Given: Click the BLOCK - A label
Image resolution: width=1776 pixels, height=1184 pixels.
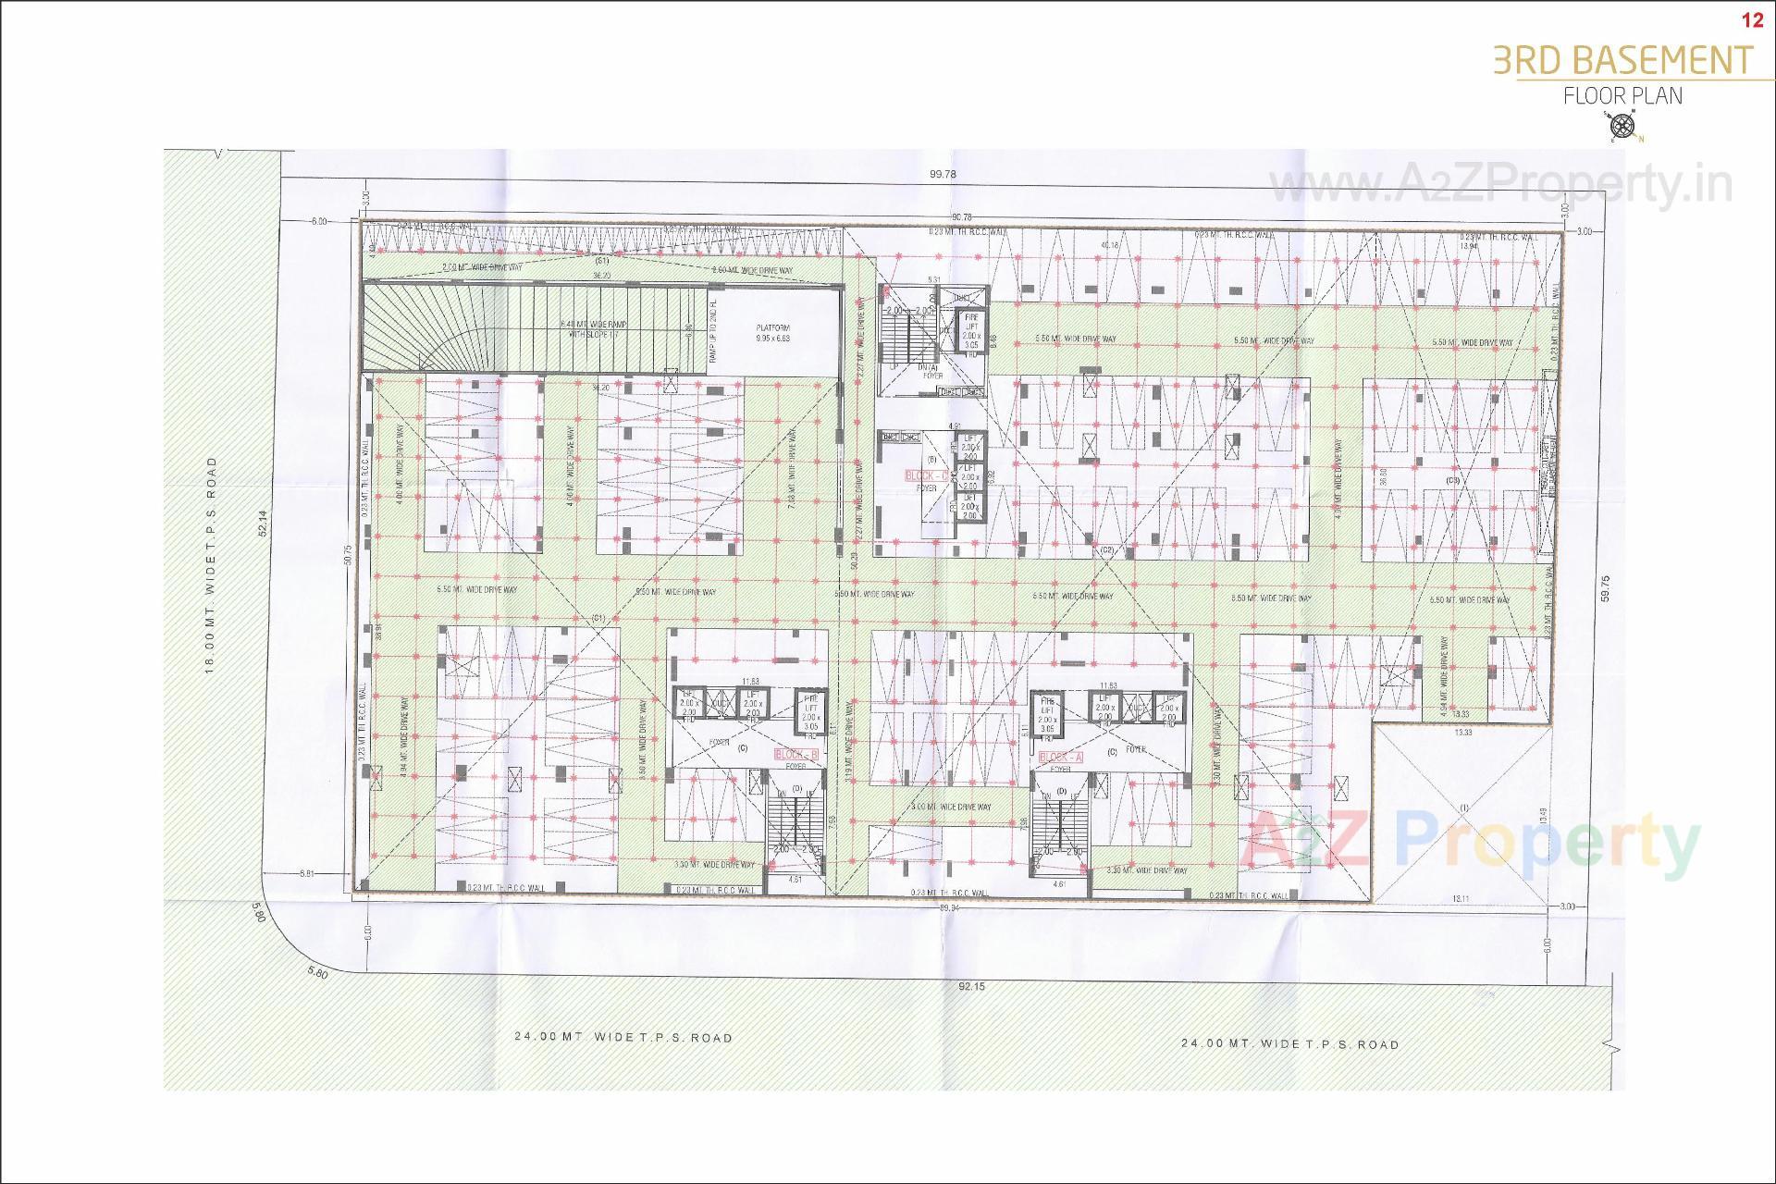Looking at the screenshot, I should pos(1061,757).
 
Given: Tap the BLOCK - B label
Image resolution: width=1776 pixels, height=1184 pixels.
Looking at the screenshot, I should pos(796,755).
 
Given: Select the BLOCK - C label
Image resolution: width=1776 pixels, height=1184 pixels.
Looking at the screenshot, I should pos(927,475).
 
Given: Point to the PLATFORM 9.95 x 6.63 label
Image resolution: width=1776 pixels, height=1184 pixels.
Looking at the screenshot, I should pos(772,333).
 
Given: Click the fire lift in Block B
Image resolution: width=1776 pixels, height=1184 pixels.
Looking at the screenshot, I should pos(810,711).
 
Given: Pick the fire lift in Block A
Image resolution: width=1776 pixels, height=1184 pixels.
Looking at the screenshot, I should pos(1047,713).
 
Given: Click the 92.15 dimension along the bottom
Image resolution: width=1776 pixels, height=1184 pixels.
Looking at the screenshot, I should pos(972,986).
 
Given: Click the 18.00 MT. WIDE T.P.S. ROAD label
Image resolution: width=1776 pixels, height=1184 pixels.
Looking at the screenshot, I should pos(211,564).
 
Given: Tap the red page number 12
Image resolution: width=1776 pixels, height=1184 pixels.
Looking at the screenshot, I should pos(1752,20).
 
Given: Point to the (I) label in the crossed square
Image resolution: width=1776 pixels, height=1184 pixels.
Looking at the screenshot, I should pos(1463,808).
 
